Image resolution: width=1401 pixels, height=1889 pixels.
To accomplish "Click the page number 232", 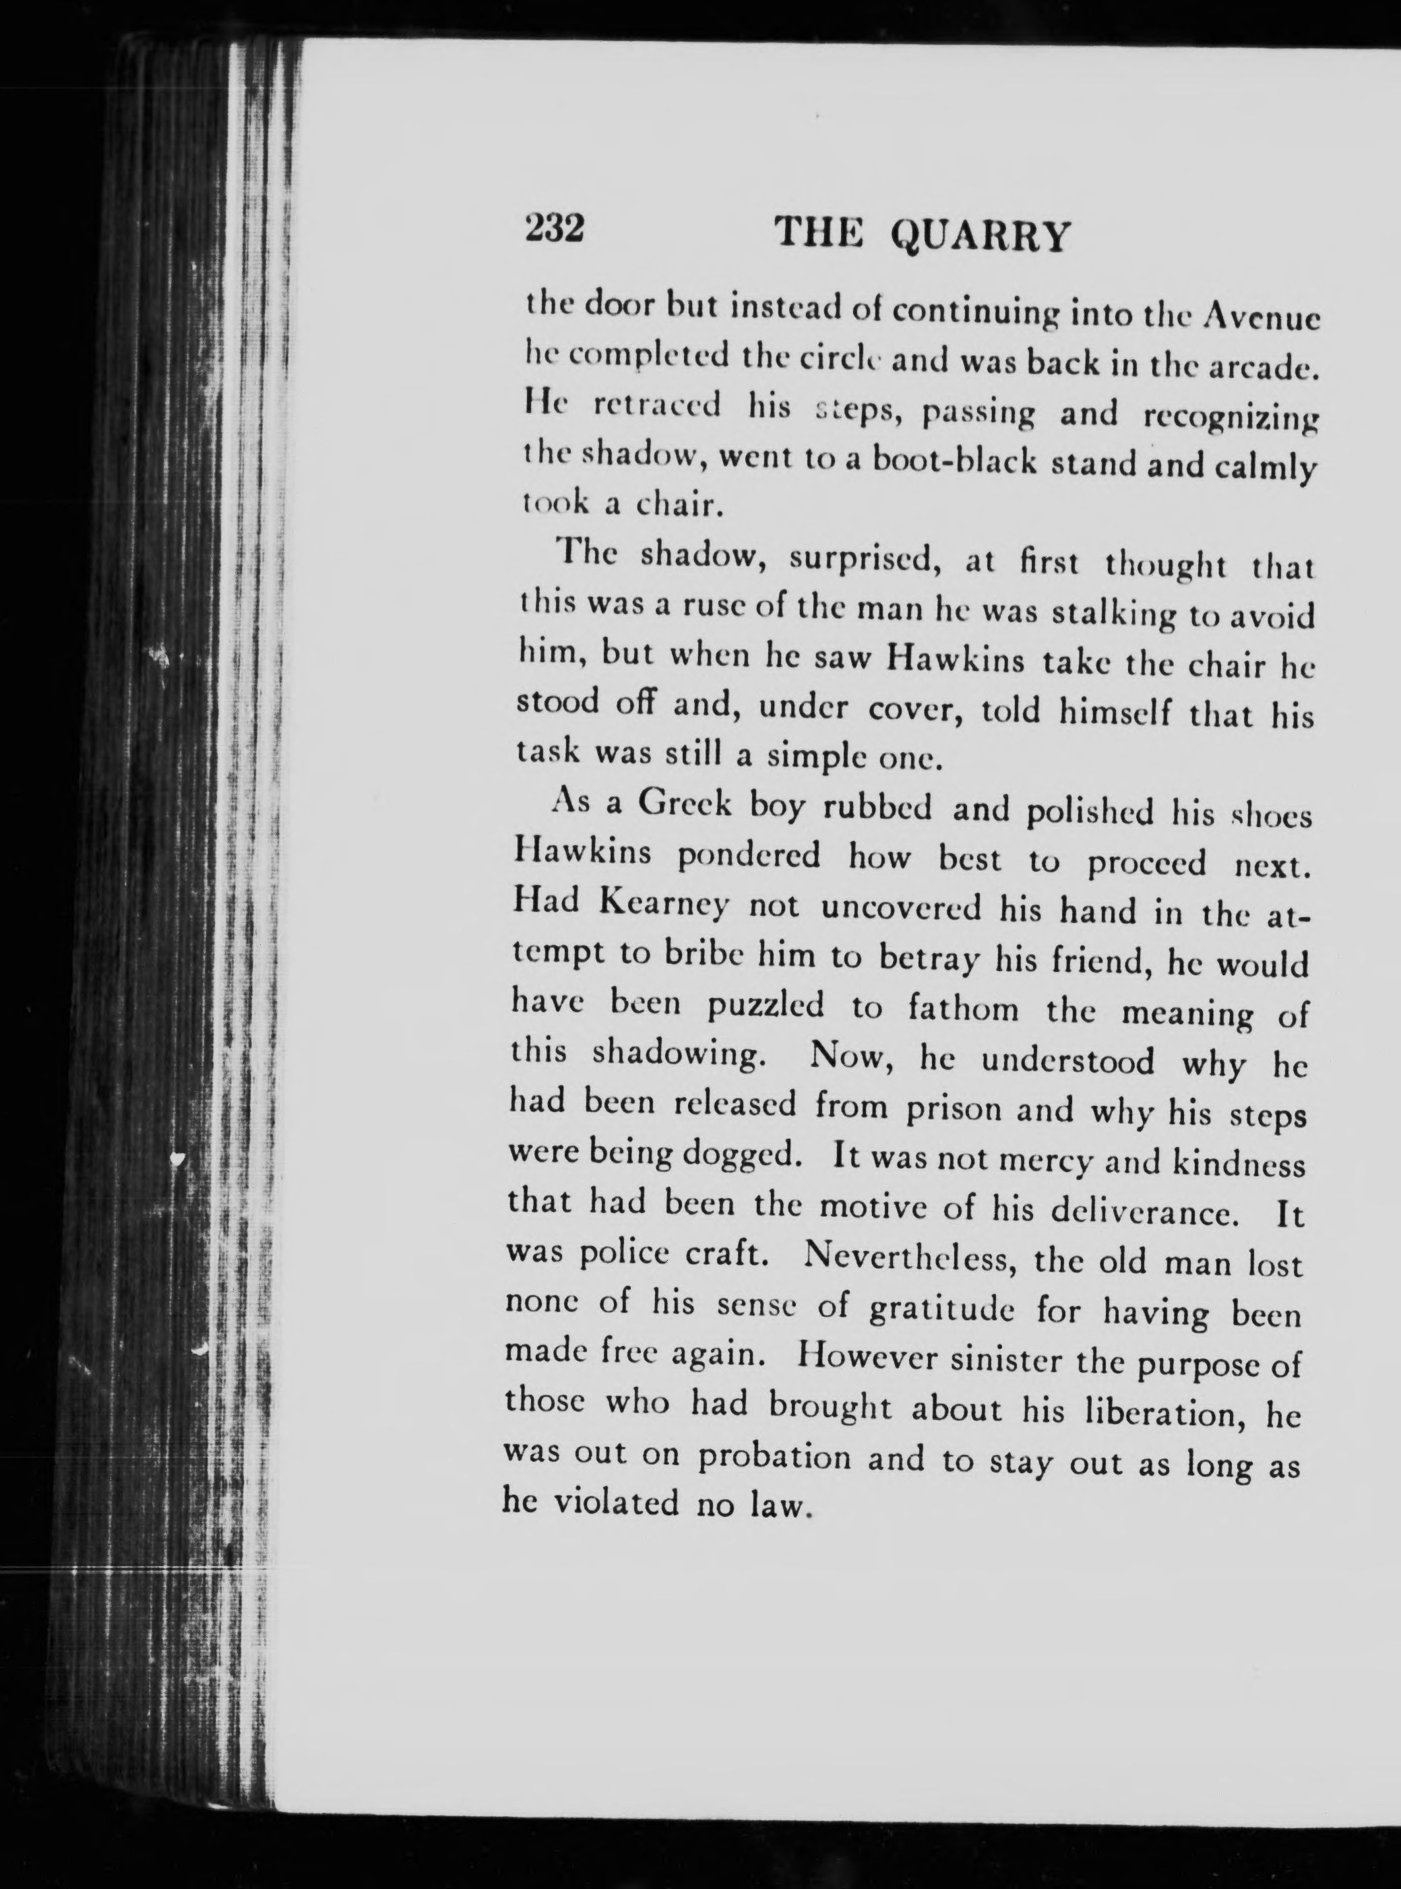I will pos(555,230).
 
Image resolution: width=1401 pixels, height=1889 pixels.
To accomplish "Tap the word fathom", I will pos(962,1010).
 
